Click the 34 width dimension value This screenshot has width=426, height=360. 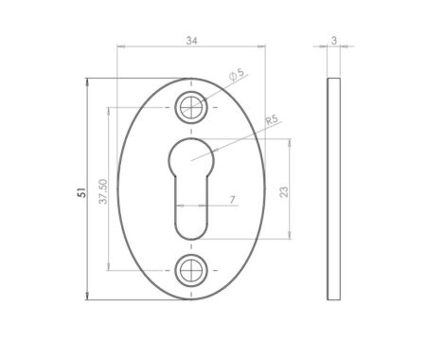(x=192, y=41)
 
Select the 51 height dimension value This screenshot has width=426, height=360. (x=82, y=189)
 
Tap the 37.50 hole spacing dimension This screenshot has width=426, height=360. (x=103, y=189)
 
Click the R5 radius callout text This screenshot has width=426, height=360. (x=272, y=120)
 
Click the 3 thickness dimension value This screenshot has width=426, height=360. (x=334, y=41)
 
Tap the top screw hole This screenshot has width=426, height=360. (x=192, y=107)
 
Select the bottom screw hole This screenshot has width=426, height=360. (x=192, y=271)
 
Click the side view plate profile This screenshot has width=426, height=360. (x=334, y=189)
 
